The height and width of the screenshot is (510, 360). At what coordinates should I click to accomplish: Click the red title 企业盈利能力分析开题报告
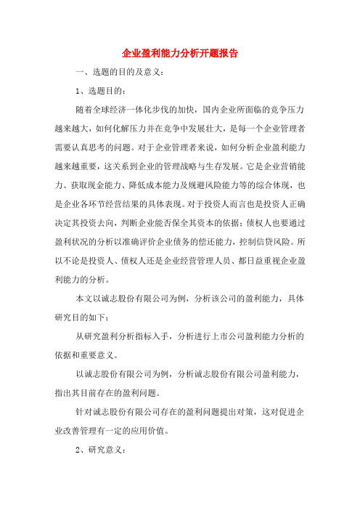(180, 53)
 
